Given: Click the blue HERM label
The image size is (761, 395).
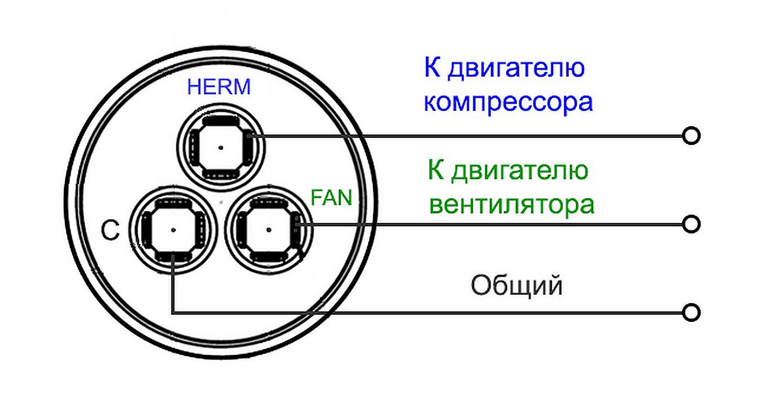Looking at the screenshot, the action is tap(219, 87).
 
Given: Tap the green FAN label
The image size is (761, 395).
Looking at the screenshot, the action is tap(331, 198).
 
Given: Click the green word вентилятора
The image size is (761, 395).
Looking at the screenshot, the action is tap(511, 204).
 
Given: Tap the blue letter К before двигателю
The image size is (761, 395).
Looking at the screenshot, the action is tap(432, 68).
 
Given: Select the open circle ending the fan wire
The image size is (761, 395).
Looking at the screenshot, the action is tap(691, 224).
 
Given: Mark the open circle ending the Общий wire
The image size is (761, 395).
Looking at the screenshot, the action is tap(691, 313).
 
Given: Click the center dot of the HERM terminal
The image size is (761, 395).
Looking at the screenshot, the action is tap(221, 148).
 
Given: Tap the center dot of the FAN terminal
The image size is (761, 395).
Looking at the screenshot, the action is tap(268, 229).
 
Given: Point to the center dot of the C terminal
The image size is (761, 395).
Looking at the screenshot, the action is tap(173, 229).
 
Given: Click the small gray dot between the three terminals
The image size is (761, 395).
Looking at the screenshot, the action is tap(222, 203).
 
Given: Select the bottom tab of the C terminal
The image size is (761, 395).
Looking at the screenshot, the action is tap(174, 256).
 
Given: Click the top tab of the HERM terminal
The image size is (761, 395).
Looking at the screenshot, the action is tap(221, 120).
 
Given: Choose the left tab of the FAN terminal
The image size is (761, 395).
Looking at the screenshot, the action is tap(241, 229).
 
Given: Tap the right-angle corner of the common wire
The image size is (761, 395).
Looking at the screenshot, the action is tap(173, 313).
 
